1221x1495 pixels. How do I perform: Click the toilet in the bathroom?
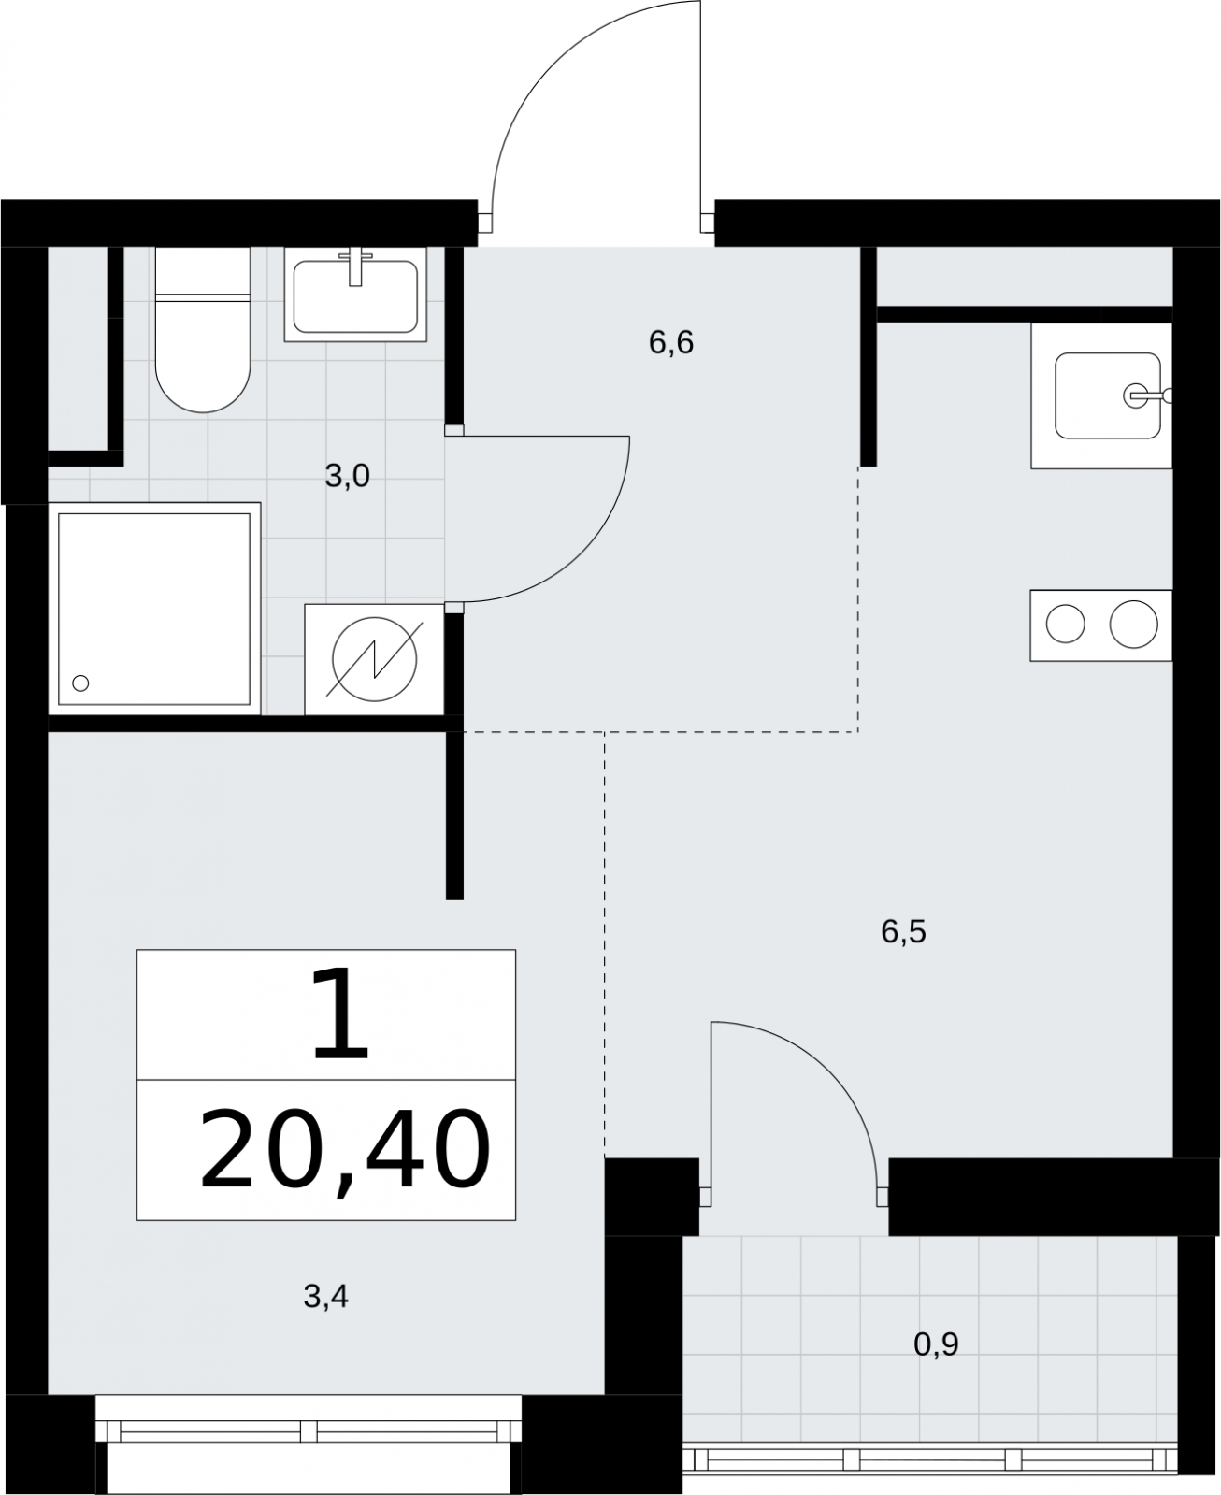tap(203, 329)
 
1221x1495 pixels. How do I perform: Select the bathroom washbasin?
tap(355, 295)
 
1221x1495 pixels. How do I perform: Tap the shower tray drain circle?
tap(80, 683)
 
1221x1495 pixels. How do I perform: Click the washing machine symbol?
tap(374, 659)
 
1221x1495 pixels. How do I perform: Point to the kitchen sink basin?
tap(1108, 395)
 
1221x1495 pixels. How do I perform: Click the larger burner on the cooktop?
tap(1134, 625)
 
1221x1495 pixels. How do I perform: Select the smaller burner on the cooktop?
tap(1066, 625)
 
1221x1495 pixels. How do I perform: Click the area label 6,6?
tap(670, 343)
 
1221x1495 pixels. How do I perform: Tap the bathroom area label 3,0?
tap(348, 476)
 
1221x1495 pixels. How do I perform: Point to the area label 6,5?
tap(903, 932)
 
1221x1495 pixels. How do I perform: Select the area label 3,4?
tap(325, 1297)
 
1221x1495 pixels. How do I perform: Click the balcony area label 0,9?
tap(936, 1344)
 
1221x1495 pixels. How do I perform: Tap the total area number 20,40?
tap(345, 1151)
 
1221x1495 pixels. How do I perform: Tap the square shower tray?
tap(154, 609)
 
